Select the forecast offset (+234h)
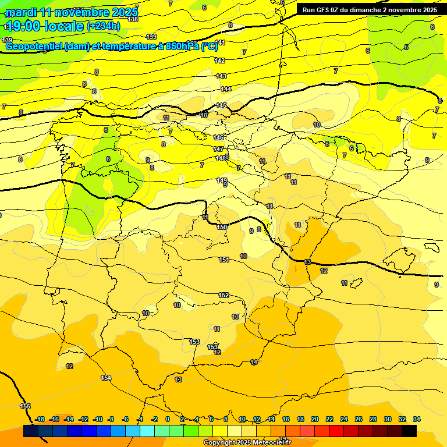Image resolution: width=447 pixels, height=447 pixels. pos(104,26)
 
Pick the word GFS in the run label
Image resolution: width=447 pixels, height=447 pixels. pos(327,10)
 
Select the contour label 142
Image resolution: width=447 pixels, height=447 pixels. pos(219,61)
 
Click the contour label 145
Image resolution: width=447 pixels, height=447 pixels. pos(222,105)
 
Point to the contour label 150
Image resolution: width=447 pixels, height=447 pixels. pos(222,227)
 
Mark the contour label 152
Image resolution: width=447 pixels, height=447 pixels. pos(223,295)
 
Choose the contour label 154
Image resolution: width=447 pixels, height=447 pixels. pos(106,378)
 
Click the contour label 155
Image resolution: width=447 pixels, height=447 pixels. pos(25,406)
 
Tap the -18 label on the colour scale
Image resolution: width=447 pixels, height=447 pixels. pos(40,419)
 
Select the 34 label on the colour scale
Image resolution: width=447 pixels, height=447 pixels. pos(417,419)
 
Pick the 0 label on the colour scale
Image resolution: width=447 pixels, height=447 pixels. pos(168,419)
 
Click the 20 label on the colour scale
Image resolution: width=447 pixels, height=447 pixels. pos(315,419)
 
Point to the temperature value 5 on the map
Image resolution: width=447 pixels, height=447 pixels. pos(406,47)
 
